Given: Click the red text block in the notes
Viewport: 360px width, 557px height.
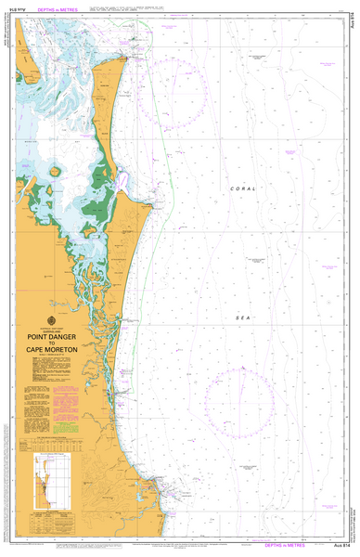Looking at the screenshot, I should [66, 382].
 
